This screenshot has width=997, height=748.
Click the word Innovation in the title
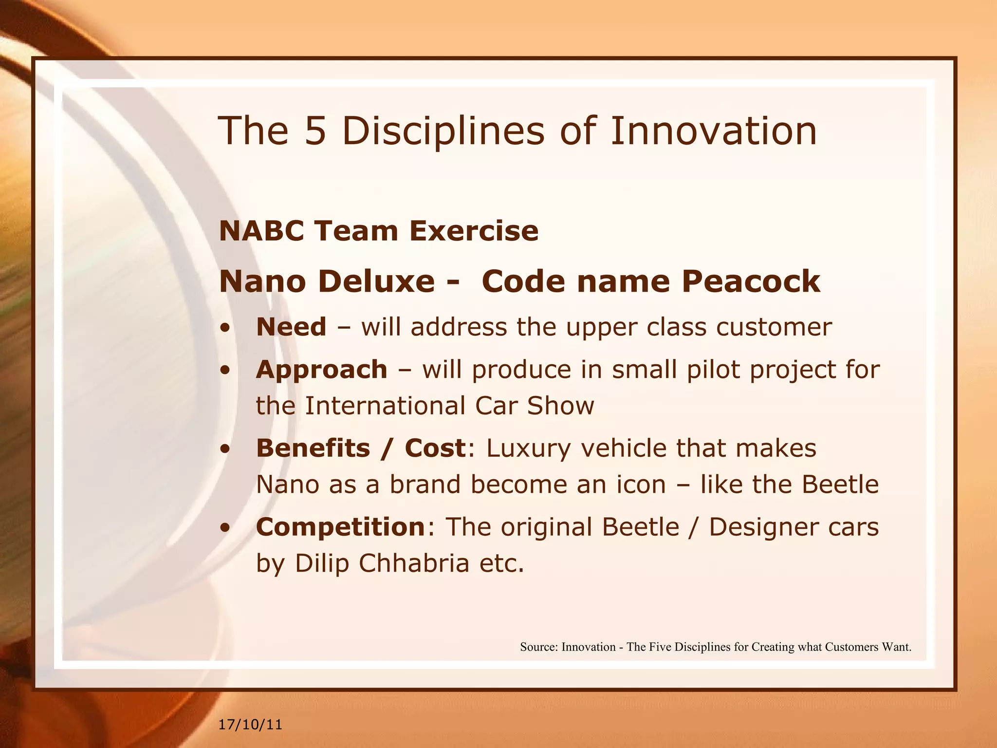point(713,131)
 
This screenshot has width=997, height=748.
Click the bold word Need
point(291,327)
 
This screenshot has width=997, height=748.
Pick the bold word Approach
point(321,370)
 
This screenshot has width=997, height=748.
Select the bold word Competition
point(341,527)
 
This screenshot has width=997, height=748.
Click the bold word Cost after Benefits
point(435,448)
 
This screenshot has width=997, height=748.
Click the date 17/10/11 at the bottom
point(250,725)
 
